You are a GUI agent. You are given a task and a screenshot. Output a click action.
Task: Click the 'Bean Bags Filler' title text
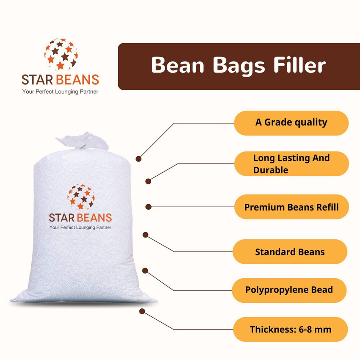click(x=238, y=66)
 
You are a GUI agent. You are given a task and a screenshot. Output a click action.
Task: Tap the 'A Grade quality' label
click(x=291, y=122)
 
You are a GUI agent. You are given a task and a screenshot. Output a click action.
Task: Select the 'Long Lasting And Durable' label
click(x=291, y=164)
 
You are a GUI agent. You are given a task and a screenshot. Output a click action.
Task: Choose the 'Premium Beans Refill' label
click(x=291, y=207)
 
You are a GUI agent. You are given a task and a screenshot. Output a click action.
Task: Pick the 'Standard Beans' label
click(x=290, y=252)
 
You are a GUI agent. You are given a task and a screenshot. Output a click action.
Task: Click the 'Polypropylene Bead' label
click(x=289, y=290)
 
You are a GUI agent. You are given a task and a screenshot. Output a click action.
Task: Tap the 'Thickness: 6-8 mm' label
click(x=291, y=329)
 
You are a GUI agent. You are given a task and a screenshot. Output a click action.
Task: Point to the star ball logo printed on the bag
click(x=80, y=197)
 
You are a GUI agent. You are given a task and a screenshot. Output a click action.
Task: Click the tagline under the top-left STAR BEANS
click(x=60, y=91)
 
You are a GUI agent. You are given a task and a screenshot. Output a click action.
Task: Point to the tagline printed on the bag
click(x=80, y=227)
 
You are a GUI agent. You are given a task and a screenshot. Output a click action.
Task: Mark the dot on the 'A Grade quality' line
click(x=138, y=158)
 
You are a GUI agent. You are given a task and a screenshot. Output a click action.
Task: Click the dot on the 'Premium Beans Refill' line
click(x=148, y=207)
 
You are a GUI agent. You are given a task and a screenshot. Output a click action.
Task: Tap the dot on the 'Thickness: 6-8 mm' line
click(x=142, y=311)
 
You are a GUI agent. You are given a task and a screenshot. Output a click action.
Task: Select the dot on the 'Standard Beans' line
click(x=145, y=234)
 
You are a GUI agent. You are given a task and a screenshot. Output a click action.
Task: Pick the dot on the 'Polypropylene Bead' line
click(x=145, y=270)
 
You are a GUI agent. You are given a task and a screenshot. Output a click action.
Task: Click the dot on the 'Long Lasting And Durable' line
click(x=148, y=181)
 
